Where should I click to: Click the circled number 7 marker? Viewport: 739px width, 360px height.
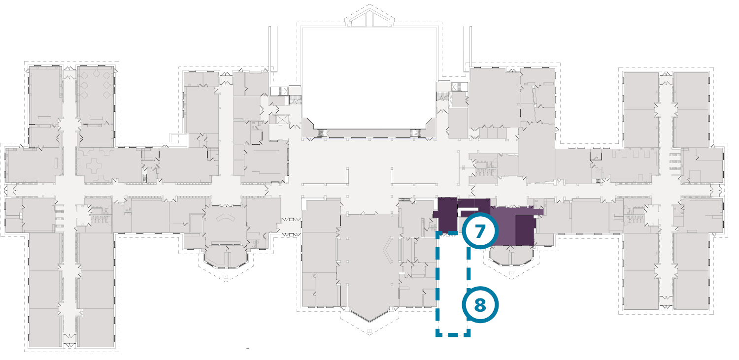480,230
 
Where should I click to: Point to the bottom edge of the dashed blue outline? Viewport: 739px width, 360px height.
453,335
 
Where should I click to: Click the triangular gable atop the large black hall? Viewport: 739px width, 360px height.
369,17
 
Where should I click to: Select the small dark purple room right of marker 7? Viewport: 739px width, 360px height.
525,230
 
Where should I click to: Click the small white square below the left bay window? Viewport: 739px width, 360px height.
226,277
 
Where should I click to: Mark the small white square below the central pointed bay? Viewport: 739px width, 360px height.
369,331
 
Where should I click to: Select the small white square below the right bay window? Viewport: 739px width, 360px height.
511,273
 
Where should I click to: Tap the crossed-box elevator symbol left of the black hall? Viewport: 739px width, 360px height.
282,119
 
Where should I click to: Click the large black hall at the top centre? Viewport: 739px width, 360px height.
369,74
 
